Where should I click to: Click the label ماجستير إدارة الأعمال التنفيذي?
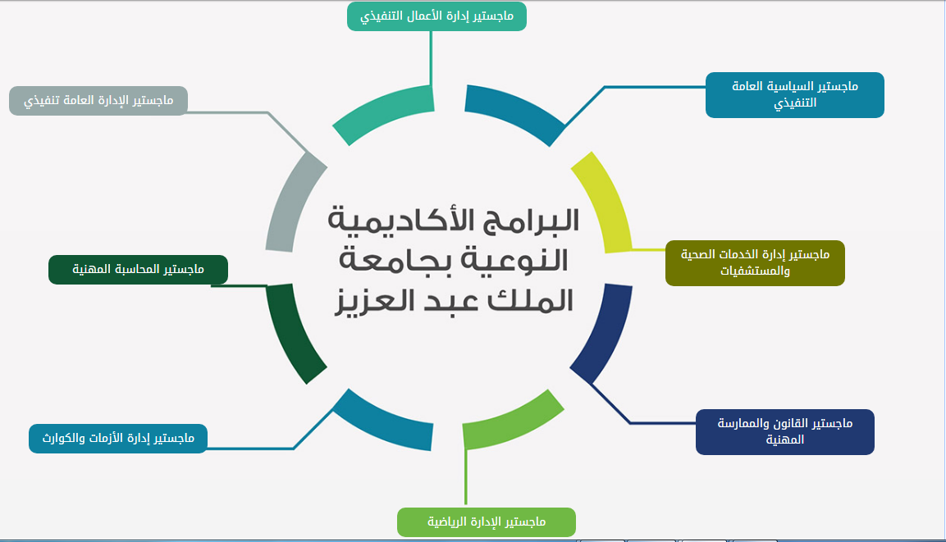tap(436, 16)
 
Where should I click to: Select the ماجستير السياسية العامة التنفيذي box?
tap(794, 94)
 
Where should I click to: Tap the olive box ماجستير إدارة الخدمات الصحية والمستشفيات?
tap(755, 263)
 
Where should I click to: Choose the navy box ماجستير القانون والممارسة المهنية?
tap(785, 431)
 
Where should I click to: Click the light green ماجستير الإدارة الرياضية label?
tap(487, 522)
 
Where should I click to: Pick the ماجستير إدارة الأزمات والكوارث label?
tap(118, 439)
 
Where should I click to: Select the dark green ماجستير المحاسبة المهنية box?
tap(138, 270)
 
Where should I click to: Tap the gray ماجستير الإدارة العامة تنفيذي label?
tap(98, 101)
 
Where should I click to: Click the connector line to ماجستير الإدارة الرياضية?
tap(466, 476)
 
